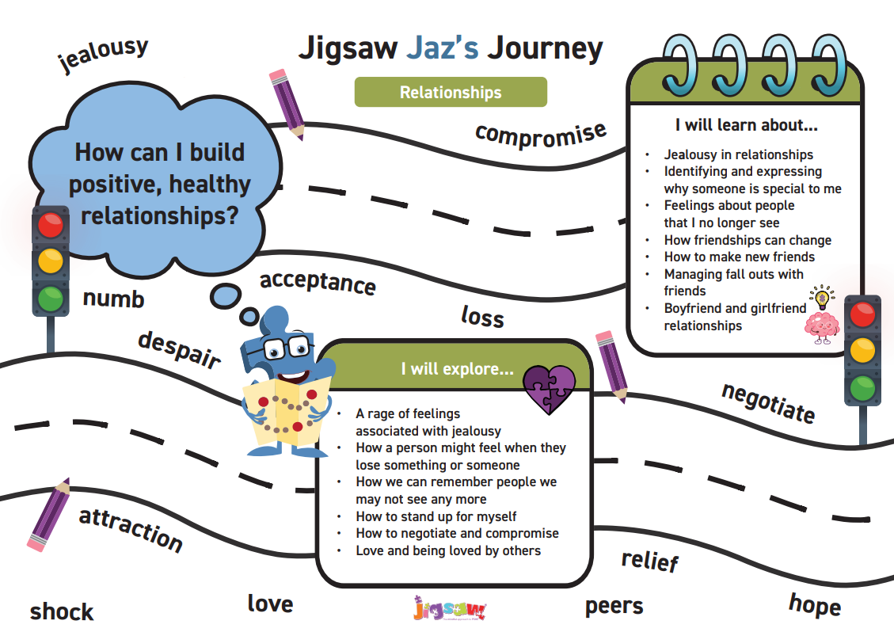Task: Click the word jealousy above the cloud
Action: click(104, 55)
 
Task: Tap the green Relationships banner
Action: click(451, 92)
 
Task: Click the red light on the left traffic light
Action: click(51, 225)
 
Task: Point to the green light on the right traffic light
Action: click(862, 388)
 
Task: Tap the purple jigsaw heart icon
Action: click(549, 389)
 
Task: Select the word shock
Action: click(62, 611)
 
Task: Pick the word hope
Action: click(814, 605)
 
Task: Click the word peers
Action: click(614, 607)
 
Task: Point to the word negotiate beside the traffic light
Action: click(767, 403)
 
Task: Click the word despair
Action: click(179, 349)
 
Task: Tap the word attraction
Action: click(131, 528)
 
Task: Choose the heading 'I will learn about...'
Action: click(746, 124)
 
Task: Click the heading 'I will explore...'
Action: click(457, 369)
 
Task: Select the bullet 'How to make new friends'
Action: click(740, 257)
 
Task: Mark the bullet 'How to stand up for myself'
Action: click(436, 516)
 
